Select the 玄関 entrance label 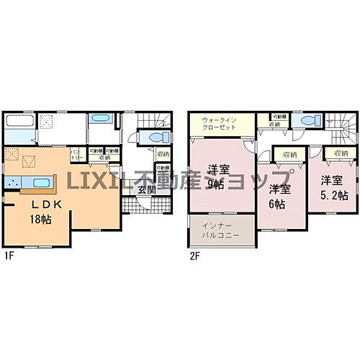146,189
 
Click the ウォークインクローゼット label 219,124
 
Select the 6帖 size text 277,203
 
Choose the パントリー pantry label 76,154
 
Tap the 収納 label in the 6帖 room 289,154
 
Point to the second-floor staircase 341,127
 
